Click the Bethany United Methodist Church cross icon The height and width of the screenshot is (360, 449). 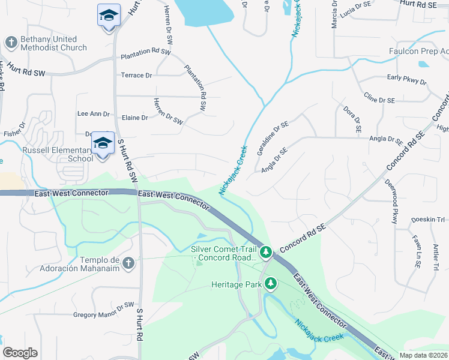[x=11, y=43]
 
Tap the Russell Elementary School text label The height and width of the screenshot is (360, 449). [x=58, y=154]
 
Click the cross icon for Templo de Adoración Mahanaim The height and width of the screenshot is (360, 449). [x=127, y=263]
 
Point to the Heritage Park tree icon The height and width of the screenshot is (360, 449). [x=271, y=283]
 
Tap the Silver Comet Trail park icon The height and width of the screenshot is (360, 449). [x=266, y=251]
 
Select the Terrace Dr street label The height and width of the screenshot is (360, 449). [x=136, y=75]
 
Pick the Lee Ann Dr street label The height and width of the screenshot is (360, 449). [x=94, y=113]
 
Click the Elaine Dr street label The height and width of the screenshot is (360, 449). [x=134, y=118]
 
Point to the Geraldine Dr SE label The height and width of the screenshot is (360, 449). [x=273, y=137]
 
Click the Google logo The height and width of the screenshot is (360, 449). [x=20, y=352]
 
